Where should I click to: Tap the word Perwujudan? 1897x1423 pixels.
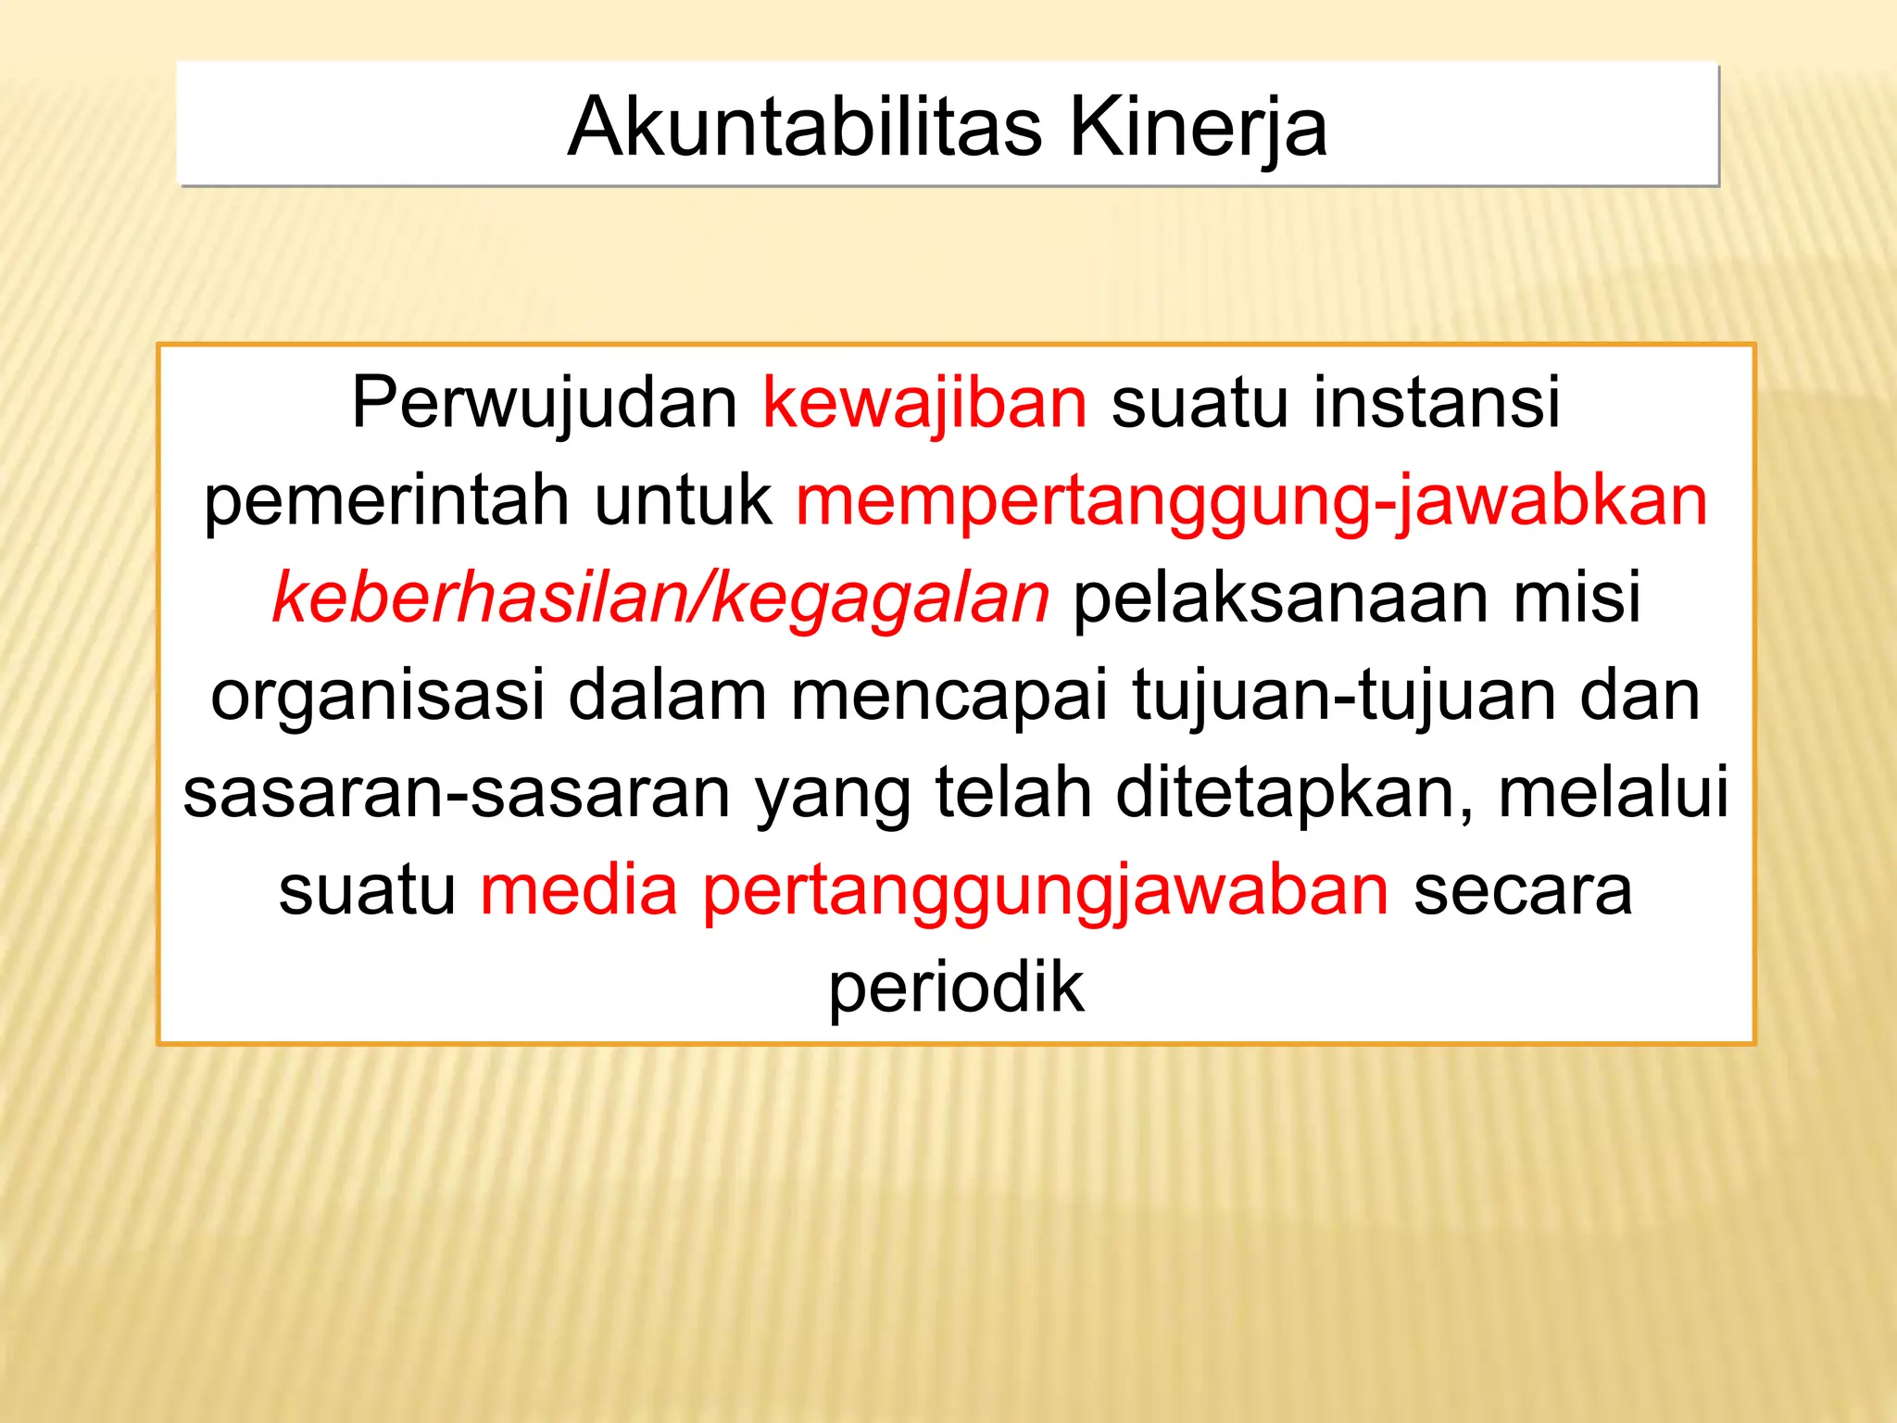pyautogui.click(x=544, y=404)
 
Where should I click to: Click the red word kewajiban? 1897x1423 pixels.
pyautogui.click(x=924, y=404)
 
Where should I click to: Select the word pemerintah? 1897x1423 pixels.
pyautogui.click(x=386, y=500)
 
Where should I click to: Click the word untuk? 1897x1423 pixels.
pyautogui.click(x=683, y=500)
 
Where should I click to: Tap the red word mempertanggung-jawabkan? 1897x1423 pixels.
pyautogui.click(x=1251, y=502)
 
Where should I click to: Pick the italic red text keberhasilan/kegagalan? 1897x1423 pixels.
pyautogui.click(x=660, y=598)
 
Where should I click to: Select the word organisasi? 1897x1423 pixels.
pyautogui.click(x=377, y=697)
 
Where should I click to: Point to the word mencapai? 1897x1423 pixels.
pyautogui.click(x=948, y=697)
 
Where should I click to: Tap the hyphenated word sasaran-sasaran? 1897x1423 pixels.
pyautogui.click(x=457, y=793)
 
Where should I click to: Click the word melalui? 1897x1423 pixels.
pyautogui.click(x=1614, y=793)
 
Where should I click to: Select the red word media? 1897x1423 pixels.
pyautogui.click(x=579, y=890)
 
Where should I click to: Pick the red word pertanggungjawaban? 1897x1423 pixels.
pyautogui.click(x=1046, y=892)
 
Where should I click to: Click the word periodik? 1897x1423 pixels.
pyautogui.click(x=956, y=989)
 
